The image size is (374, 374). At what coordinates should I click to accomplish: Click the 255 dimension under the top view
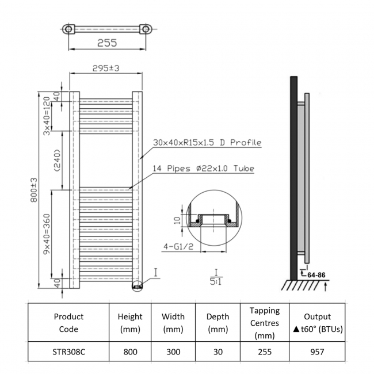pos(107,43)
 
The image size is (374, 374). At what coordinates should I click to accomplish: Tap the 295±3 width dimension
pos(106,68)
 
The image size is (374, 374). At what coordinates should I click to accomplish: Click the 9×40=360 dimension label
pos(47,232)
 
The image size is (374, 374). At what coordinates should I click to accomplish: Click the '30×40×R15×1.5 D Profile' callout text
pos(207,143)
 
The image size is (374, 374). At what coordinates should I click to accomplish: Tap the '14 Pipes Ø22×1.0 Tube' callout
pos(203,169)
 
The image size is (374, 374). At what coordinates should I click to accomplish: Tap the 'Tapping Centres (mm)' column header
pos(265,323)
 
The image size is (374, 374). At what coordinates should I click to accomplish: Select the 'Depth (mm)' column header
pos(217,323)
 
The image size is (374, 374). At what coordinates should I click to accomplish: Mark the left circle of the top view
pos(68,29)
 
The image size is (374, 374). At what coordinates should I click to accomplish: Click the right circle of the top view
pos(146,29)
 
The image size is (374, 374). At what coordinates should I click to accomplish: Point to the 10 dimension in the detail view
pos(178,219)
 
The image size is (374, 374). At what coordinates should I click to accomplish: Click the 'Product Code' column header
pos(68,323)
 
